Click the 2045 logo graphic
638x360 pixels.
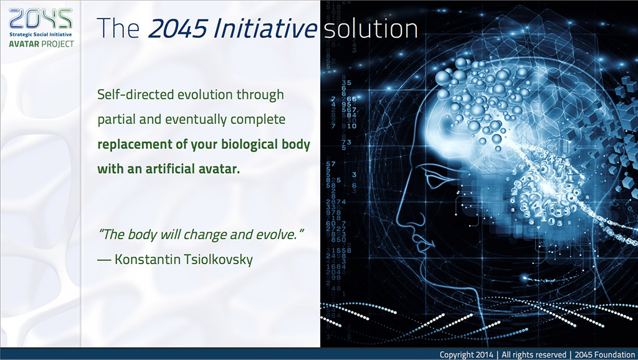(40, 19)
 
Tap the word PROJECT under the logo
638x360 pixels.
(58, 44)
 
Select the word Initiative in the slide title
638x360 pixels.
(265, 29)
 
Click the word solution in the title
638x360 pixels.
(371, 29)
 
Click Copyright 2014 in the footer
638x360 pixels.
(466, 354)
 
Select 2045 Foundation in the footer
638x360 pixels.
(605, 354)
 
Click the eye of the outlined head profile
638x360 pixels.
(434, 179)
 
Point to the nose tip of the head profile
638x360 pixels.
(399, 224)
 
